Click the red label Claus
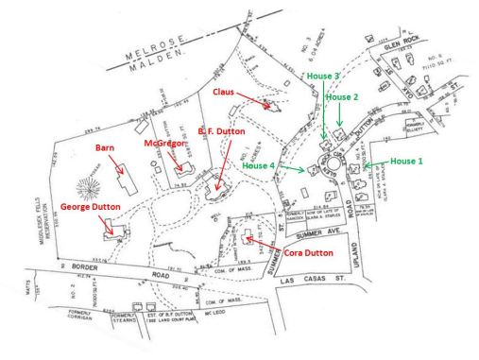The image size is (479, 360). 224,92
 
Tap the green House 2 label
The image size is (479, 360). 341,97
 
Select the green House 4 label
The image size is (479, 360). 262,165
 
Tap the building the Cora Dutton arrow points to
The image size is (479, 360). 250,235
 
